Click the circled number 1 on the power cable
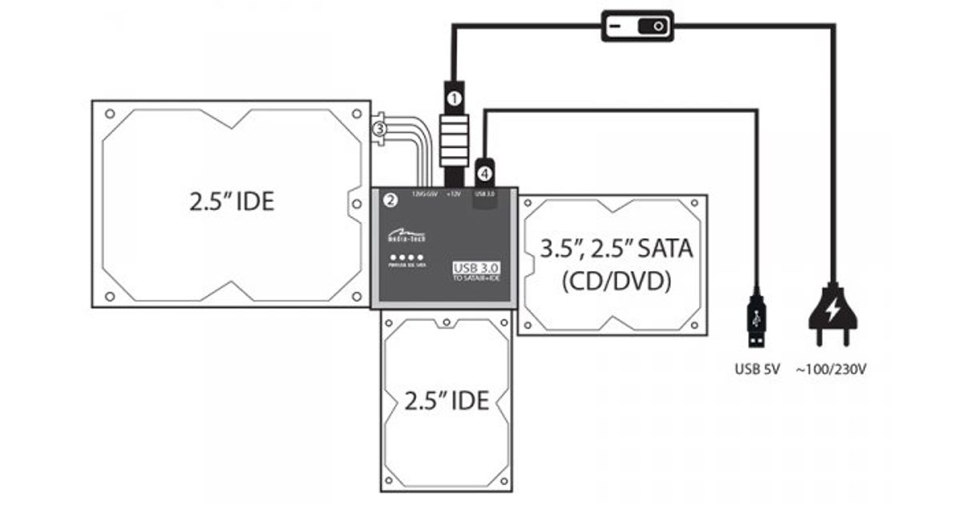click(x=454, y=99)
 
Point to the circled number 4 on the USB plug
click(x=484, y=171)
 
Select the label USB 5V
click(x=754, y=370)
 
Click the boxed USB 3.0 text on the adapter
click(x=476, y=268)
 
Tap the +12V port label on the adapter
click(x=453, y=194)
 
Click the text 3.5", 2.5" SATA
click(x=616, y=248)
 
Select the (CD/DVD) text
click(x=616, y=282)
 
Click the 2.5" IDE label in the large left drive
click(x=232, y=201)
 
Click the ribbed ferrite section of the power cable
click(x=454, y=140)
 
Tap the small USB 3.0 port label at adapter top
click(x=486, y=194)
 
